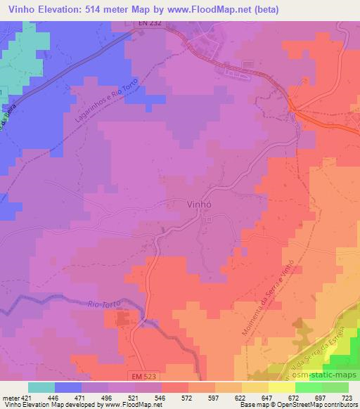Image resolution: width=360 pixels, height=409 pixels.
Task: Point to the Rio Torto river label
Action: tap(105, 302)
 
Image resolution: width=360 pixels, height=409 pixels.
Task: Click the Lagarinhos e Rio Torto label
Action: tap(106, 109)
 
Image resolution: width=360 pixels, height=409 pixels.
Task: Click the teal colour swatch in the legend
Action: tap(41, 387)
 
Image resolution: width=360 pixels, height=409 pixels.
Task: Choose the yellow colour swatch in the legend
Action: tap(255, 387)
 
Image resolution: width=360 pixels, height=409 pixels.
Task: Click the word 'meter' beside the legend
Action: tap(8, 396)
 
